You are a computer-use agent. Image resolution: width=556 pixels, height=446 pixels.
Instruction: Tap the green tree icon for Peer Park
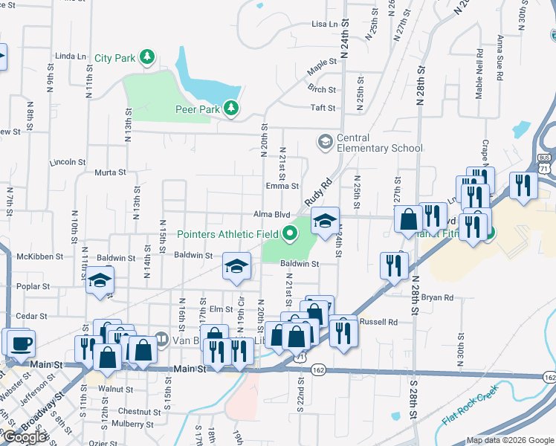tap(232, 109)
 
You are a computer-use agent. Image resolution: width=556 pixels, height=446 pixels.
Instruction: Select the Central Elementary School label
tap(379, 143)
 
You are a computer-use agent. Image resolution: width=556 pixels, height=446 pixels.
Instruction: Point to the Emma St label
tap(282, 187)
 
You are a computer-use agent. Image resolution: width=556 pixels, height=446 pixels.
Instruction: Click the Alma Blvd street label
tap(271, 214)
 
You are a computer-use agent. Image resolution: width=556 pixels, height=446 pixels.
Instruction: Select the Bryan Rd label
tap(437, 298)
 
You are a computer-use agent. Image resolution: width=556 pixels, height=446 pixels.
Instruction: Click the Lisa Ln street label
tap(324, 25)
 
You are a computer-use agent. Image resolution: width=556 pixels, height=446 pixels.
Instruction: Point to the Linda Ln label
tap(71, 56)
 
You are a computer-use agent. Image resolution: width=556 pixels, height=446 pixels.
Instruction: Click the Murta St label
tap(110, 172)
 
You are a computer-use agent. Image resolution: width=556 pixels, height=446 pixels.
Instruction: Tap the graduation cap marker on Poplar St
tap(99, 280)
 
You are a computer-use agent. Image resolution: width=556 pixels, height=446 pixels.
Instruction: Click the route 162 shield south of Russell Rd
tap(318, 369)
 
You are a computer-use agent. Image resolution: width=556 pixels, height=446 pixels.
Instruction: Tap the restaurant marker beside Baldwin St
tap(393, 265)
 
